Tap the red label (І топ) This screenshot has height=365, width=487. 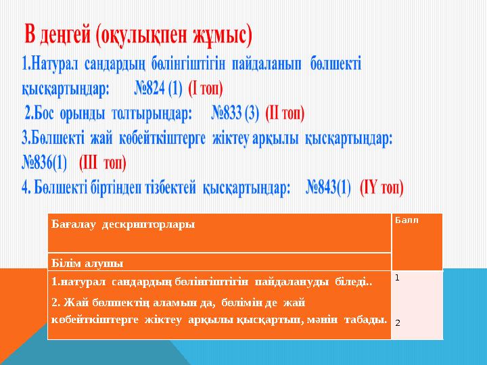[206, 89]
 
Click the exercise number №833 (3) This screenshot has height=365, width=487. [235, 112]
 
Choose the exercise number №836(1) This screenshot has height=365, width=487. [45, 163]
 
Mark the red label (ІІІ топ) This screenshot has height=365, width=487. [103, 163]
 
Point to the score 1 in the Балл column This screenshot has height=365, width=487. [398, 278]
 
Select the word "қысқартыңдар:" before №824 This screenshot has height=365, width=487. [66, 89]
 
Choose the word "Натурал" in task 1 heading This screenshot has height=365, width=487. [57, 65]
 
